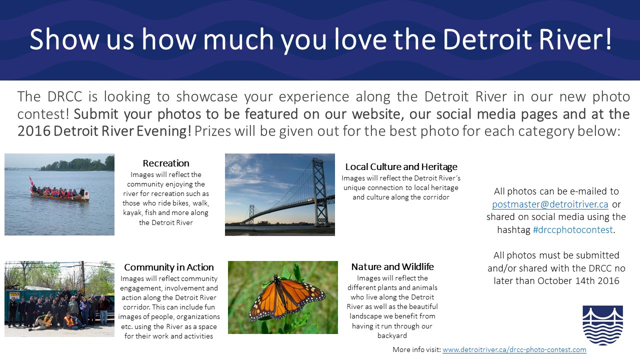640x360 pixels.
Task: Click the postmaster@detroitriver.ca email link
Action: [x=550, y=204]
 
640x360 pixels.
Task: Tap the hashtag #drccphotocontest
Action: [x=573, y=229]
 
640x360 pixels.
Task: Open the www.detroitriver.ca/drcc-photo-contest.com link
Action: [x=514, y=349]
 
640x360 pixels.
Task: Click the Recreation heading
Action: [x=166, y=163]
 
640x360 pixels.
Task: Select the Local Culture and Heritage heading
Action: [x=401, y=166]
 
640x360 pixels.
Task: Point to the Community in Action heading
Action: [x=169, y=267]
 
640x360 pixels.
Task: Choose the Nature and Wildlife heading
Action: [x=392, y=266]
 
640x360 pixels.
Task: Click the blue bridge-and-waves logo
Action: [x=603, y=325]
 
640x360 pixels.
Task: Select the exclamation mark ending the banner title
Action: [x=607, y=39]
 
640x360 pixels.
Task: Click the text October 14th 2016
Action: [x=578, y=280]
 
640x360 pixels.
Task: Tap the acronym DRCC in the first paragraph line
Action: [x=65, y=96]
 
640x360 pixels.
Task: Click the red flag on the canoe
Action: [x=31, y=180]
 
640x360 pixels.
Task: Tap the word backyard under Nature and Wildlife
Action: [x=392, y=335]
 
